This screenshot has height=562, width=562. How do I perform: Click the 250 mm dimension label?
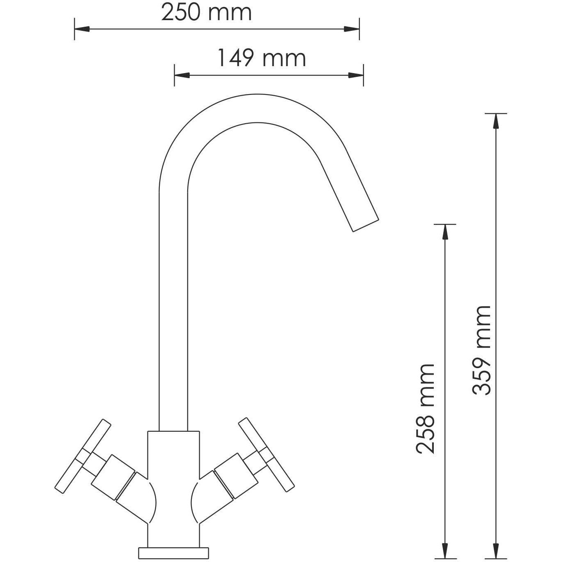[x=206, y=13]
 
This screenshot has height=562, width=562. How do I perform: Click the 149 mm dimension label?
[x=261, y=58]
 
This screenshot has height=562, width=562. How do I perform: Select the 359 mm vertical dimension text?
[x=481, y=350]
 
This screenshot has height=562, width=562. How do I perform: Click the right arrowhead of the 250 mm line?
[x=352, y=29]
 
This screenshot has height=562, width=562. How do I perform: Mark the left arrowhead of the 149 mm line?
[x=182, y=75]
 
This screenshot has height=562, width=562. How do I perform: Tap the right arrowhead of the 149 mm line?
[x=356, y=75]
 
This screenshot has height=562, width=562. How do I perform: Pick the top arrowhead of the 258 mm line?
[x=445, y=232]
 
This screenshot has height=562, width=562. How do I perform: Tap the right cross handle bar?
[x=267, y=454]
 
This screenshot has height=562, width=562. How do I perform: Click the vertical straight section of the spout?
[x=173, y=308]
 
